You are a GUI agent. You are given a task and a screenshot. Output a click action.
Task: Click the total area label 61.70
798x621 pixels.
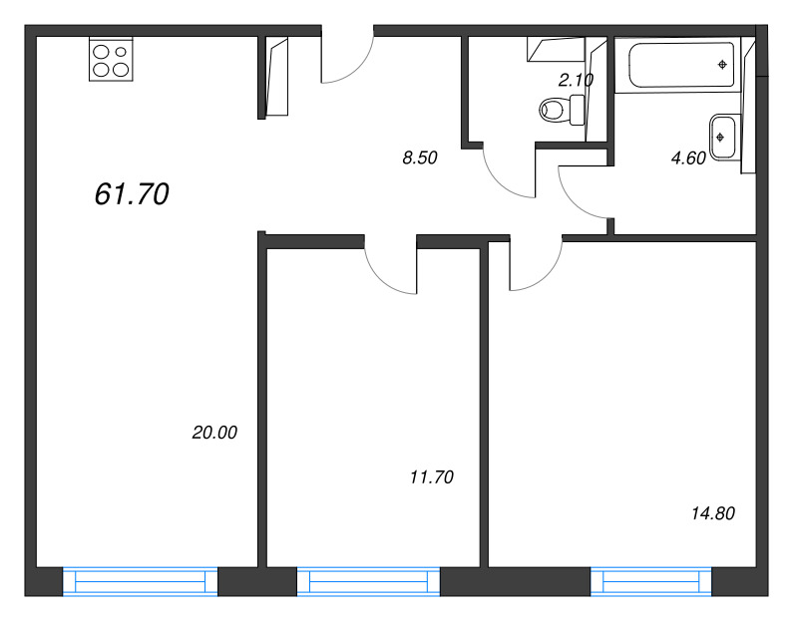click(x=132, y=194)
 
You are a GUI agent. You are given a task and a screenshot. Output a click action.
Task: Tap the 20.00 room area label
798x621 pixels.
click(x=214, y=433)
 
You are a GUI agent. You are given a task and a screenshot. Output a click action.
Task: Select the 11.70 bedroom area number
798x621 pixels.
click(x=432, y=477)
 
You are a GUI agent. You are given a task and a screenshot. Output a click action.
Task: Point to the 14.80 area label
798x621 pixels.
click(x=713, y=513)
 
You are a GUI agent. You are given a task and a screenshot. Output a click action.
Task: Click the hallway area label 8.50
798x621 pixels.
click(x=420, y=158)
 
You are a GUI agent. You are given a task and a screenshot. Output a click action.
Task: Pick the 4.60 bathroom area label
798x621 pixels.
click(x=688, y=158)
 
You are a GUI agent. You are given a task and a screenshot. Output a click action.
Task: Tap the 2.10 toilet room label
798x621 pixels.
click(x=577, y=80)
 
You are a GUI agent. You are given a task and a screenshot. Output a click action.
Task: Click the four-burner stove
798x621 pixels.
click(x=111, y=59)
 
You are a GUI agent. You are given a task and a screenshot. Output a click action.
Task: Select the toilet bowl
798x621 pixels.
click(x=562, y=110)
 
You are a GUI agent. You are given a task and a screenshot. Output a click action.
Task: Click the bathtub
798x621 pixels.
click(x=681, y=65)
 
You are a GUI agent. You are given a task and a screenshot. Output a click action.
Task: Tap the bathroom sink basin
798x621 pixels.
click(x=722, y=138)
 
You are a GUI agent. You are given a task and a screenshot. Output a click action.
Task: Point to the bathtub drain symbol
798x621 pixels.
click(x=722, y=65)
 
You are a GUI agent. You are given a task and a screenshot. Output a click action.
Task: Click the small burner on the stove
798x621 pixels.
click(x=121, y=52)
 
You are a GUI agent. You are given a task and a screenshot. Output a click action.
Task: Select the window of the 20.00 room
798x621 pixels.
click(x=141, y=581)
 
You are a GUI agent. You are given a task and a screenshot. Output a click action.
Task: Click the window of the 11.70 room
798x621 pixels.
click(x=368, y=581)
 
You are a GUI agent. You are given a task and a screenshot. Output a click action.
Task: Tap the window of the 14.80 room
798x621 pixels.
click(x=651, y=581)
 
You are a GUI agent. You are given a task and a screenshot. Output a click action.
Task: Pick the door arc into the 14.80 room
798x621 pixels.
click(x=547, y=275)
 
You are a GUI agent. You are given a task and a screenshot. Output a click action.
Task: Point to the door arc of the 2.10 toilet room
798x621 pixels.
click(x=497, y=180)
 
